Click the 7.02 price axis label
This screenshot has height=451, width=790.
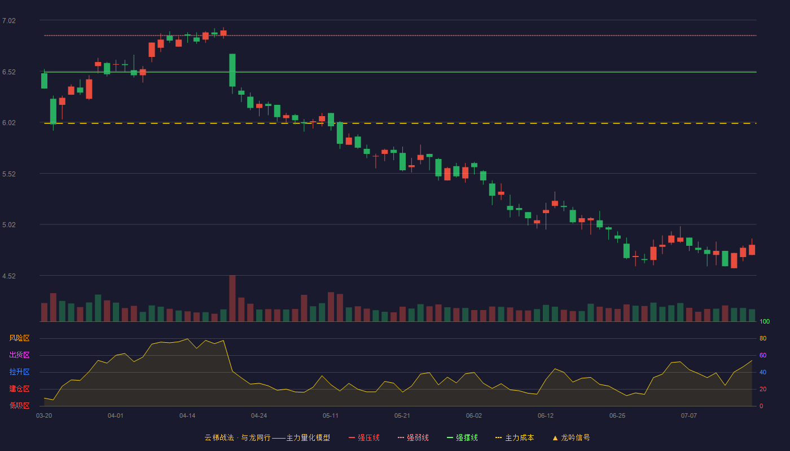pos(9,21)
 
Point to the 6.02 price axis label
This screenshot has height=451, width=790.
pos(9,123)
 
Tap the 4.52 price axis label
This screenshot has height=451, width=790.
pos(9,276)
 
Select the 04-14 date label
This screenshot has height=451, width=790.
pos(187,416)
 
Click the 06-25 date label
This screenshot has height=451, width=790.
pos(617,416)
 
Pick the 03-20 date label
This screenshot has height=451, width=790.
pos(44,416)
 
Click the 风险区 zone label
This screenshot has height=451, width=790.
pos(19,338)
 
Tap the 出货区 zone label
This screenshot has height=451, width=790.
pos(19,355)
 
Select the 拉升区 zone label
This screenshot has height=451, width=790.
pos(19,372)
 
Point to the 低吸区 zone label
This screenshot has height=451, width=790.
pos(19,405)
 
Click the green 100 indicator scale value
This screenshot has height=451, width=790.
pos(765,321)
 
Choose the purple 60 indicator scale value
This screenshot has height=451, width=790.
pos(763,355)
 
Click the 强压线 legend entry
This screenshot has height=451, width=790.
pos(364,437)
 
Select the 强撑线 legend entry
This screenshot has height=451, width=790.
pos(462,437)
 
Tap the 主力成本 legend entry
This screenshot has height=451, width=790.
pos(515,437)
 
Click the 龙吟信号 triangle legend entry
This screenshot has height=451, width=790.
pos(571,437)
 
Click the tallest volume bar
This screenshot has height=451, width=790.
pos(232,298)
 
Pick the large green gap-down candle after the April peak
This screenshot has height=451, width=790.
pos(232,70)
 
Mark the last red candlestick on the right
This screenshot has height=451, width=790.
pos(752,249)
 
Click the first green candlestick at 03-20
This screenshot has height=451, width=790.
pos(44,81)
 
